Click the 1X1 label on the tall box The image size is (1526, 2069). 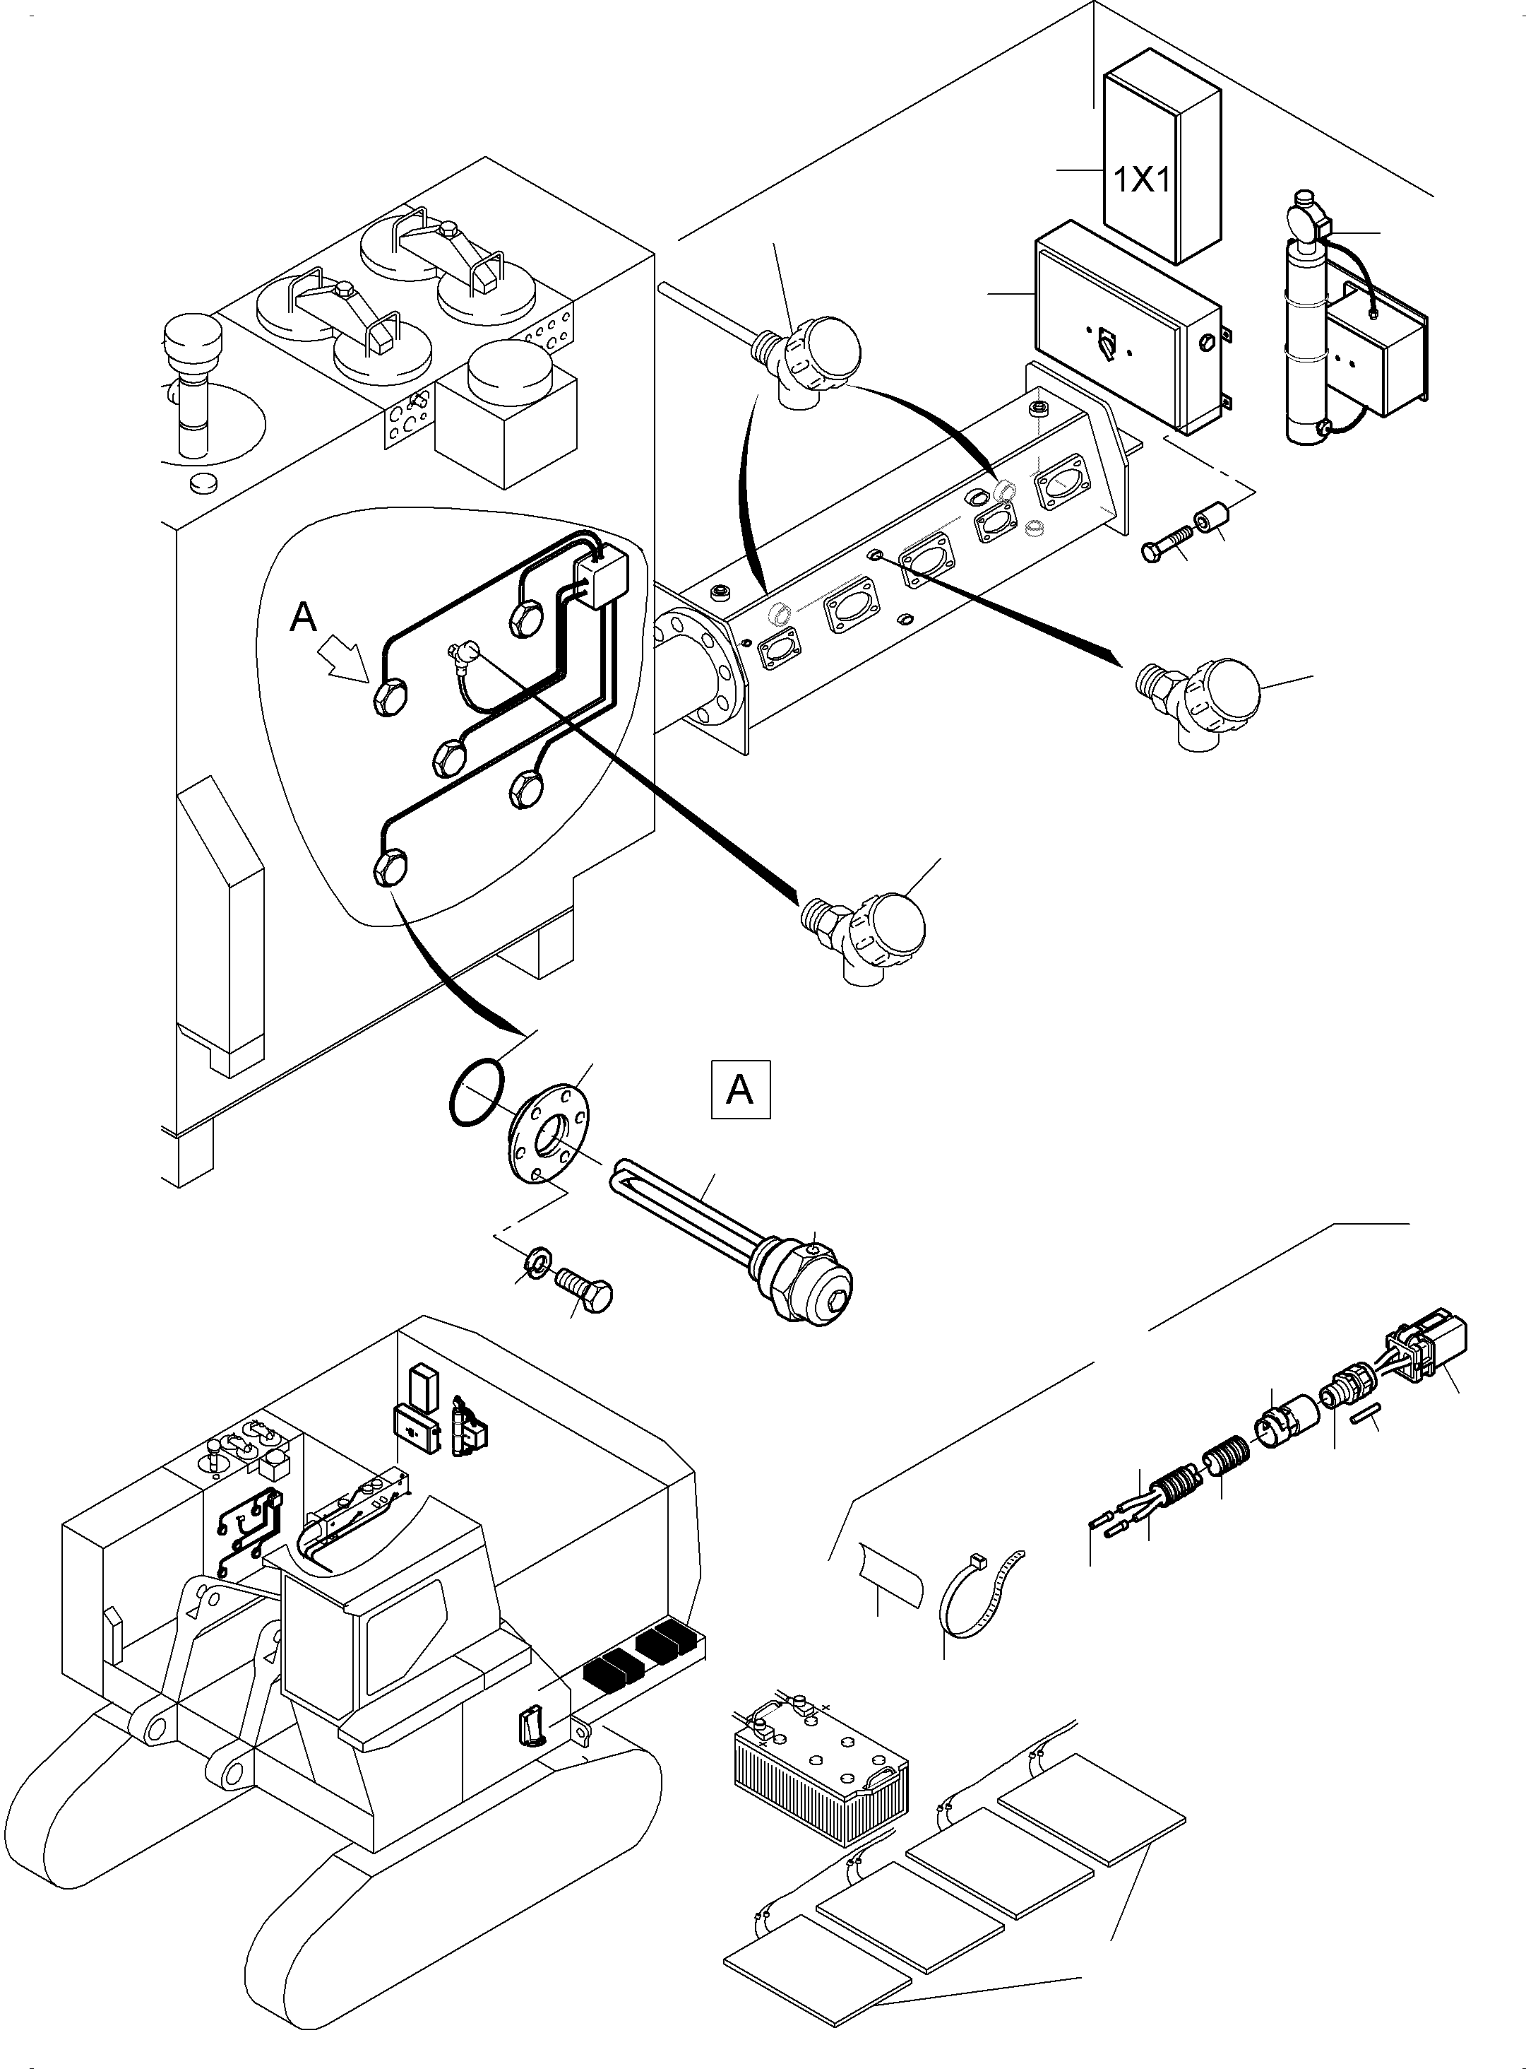(x=1143, y=179)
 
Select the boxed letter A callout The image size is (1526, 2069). (x=740, y=1090)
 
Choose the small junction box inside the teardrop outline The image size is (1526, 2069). (x=602, y=577)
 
